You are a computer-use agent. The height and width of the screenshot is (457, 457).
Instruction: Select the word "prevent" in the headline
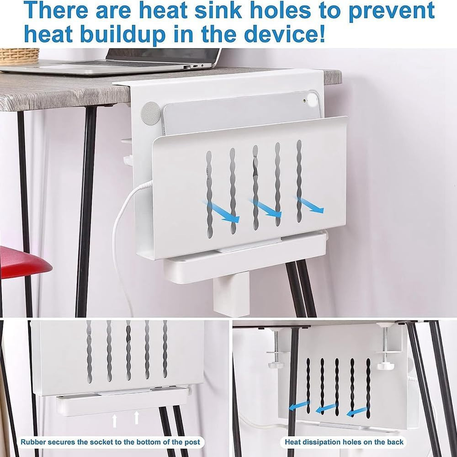pos(392,11)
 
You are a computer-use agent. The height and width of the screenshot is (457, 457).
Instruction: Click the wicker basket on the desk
pos(19,56)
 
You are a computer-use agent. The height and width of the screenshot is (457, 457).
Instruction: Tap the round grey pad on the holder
pos(151,112)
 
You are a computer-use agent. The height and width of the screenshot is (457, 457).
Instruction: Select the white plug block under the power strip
pos(231,293)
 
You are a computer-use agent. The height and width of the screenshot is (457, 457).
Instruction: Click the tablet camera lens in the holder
pos(305,101)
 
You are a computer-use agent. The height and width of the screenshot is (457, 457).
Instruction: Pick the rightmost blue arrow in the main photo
pos(310,205)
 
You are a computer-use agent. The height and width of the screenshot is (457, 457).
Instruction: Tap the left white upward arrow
pos(115,421)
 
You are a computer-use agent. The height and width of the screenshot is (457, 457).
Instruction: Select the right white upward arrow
pos(136,417)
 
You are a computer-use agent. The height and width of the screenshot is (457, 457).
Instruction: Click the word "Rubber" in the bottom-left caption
pos(33,442)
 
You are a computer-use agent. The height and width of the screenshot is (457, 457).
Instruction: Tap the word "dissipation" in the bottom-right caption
pos(323,442)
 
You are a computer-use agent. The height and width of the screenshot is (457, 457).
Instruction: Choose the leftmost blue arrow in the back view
pos(299,405)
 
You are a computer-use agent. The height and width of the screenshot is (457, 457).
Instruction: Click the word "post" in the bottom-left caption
pos(193,442)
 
